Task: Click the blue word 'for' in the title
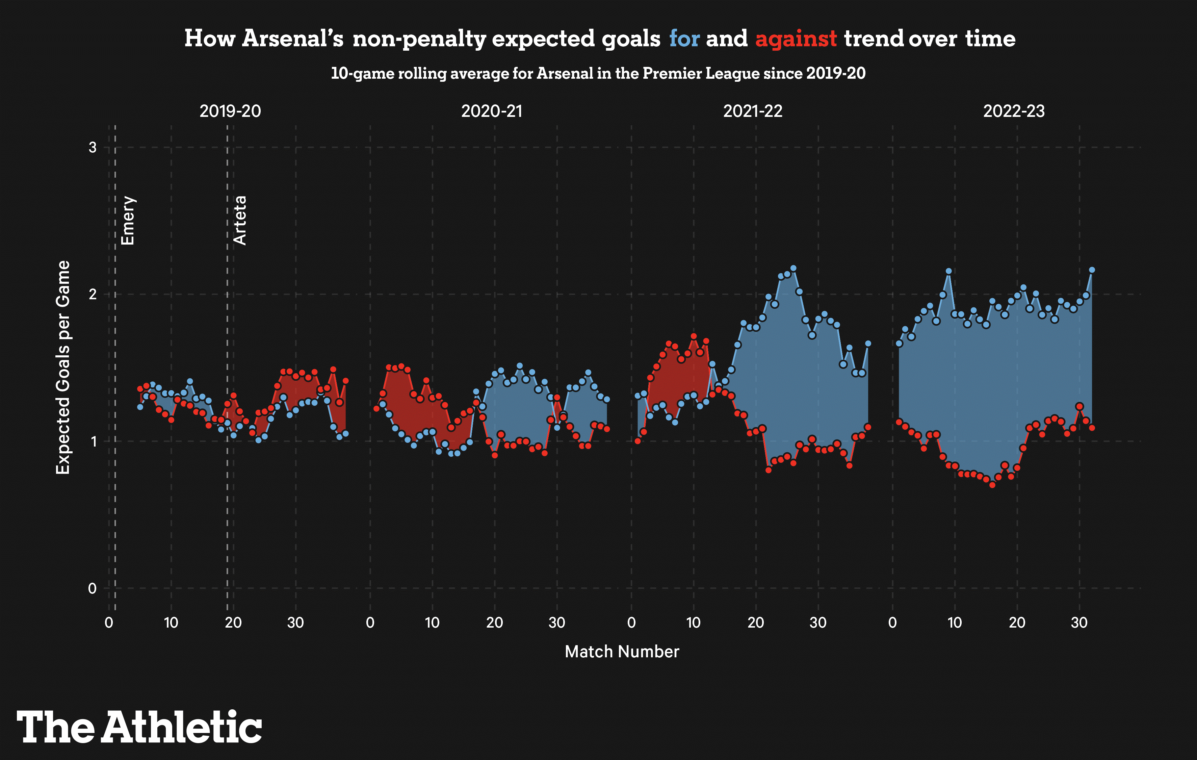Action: pyautogui.click(x=684, y=39)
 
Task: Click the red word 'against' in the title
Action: pyautogui.click(x=796, y=39)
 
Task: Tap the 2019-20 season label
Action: pyautogui.click(x=230, y=111)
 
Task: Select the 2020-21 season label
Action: pyautogui.click(x=492, y=111)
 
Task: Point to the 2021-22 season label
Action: pyautogui.click(x=753, y=111)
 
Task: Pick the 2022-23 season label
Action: pyautogui.click(x=1014, y=111)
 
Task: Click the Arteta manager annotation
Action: pyautogui.click(x=240, y=220)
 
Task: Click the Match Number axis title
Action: pyautogui.click(x=622, y=652)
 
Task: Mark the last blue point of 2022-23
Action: pyautogui.click(x=1092, y=270)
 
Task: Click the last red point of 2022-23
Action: pyautogui.click(x=1092, y=428)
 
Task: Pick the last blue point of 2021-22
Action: pyautogui.click(x=868, y=343)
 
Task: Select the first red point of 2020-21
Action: pyautogui.click(x=376, y=409)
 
